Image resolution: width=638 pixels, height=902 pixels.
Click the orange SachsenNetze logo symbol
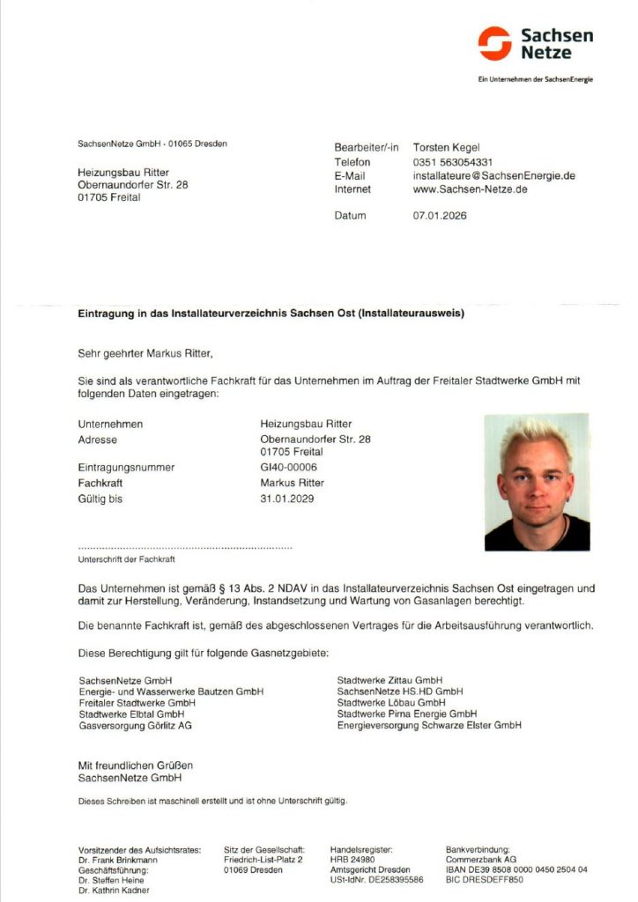pos(494,43)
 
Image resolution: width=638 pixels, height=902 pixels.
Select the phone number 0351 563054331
pos(452,162)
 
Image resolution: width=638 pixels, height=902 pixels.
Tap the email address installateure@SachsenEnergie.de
pos(493,175)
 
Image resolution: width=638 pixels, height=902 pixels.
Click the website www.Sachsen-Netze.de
pos(470,189)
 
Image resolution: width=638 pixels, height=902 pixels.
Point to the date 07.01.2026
pos(439,216)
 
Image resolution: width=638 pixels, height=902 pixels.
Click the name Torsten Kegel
pos(446,147)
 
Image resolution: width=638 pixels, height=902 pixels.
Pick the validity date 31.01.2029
pos(287,499)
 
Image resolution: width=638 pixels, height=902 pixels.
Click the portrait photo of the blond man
pos(536,483)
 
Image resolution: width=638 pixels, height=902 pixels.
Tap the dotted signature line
pos(185,548)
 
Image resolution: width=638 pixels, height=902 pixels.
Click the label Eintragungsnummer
pos(126,468)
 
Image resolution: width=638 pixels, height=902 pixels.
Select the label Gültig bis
pos(100,499)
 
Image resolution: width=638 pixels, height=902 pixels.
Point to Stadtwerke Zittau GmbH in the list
pos(389,680)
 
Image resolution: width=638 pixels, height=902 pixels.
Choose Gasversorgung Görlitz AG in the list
pos(135,725)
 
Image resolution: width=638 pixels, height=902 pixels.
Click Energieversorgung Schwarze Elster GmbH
pos(428,725)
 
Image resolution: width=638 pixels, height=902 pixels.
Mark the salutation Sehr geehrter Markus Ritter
pos(145,354)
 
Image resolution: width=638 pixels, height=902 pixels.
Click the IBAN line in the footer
pos(516,869)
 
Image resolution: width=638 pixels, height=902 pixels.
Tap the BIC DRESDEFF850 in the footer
pos(484,879)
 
